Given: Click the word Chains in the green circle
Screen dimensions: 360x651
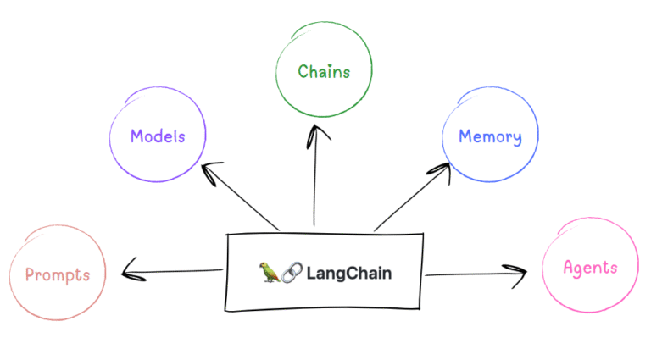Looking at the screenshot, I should tap(324, 72).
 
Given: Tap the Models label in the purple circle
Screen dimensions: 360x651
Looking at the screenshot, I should tap(157, 136).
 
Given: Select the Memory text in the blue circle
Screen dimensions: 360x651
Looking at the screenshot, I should tap(490, 136).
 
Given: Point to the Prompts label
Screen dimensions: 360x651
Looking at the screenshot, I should tap(58, 274).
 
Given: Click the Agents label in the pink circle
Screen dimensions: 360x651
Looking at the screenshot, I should tap(590, 269).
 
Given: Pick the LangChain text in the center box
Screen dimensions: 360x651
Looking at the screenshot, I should tap(349, 273).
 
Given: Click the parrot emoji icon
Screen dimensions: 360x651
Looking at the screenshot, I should tap(270, 273).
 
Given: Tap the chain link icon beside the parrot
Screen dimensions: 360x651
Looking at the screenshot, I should tap(291, 273).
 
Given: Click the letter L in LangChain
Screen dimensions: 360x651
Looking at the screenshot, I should tap(310, 273).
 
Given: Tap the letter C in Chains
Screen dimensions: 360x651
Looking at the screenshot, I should tap(303, 72).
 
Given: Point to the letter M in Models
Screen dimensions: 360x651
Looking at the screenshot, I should tap(136, 136).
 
